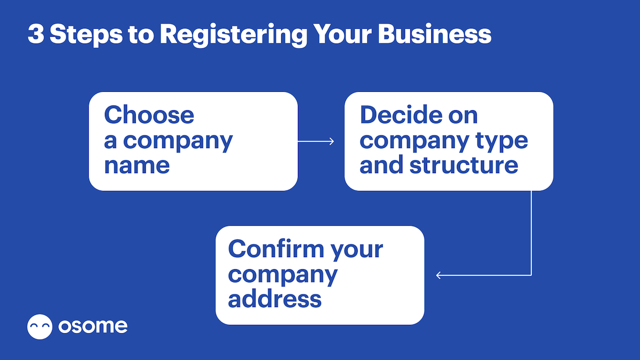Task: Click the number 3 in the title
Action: point(36,34)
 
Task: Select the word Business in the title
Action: point(434,34)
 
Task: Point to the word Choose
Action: point(149,115)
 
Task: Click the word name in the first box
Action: point(137,166)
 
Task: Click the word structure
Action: point(464,165)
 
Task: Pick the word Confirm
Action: point(276,249)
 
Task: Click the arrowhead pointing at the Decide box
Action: point(332,142)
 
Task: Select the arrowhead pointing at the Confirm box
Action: point(439,276)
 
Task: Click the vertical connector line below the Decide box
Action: point(531,233)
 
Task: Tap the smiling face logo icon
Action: point(40,327)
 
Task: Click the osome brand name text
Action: point(93,326)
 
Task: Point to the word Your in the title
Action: point(342,34)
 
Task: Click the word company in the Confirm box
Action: point(283,276)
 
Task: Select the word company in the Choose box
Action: point(178,142)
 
